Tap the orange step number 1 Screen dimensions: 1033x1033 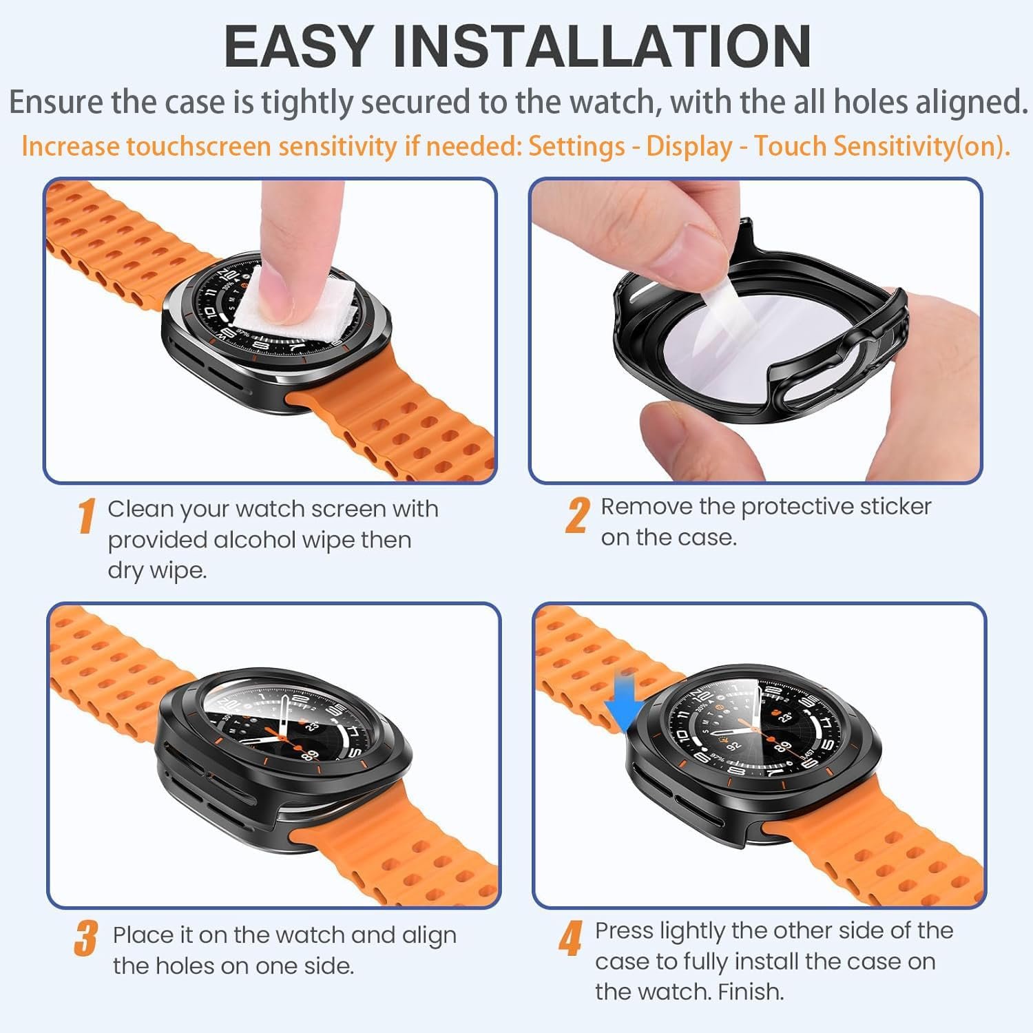coord(86,516)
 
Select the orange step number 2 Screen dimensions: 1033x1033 coord(578,515)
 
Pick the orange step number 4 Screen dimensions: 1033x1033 coord(571,938)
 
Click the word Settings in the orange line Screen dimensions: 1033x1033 coord(576,147)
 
